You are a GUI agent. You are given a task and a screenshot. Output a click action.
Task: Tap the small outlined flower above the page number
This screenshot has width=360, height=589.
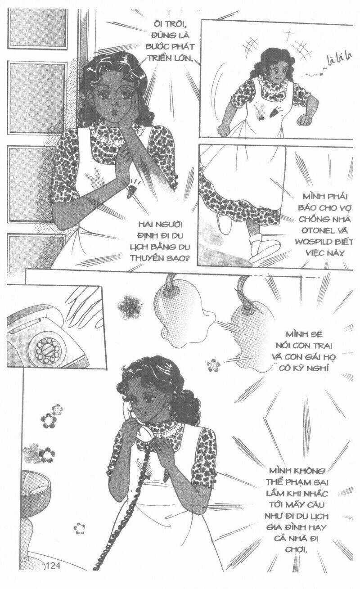click(80, 528)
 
